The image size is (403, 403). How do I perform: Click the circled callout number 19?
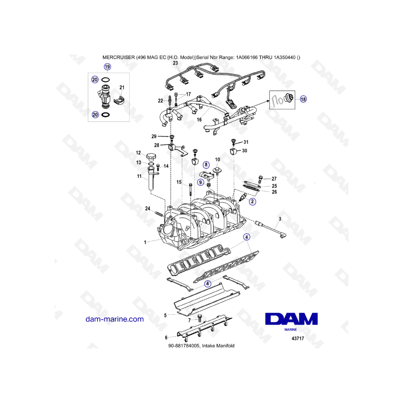pyautogui.click(x=107, y=67)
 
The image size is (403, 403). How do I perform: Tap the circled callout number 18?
pyautogui.click(x=303, y=99)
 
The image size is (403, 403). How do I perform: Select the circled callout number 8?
pyautogui.click(x=206, y=165)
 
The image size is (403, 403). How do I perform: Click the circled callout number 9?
pyautogui.click(x=201, y=183)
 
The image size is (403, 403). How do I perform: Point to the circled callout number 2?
pyautogui.click(x=253, y=201)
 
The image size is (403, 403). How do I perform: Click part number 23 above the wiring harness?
pyautogui.click(x=175, y=63)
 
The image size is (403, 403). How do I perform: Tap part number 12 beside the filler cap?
pyautogui.click(x=138, y=153)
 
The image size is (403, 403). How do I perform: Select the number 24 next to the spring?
pyautogui.click(x=147, y=208)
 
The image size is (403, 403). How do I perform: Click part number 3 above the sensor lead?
pyautogui.click(x=280, y=219)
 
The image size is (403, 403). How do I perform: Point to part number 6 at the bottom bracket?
pyautogui.click(x=166, y=338)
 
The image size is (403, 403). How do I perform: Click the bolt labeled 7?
pyautogui.click(x=200, y=318)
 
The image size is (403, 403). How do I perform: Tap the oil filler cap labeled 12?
pyautogui.click(x=152, y=156)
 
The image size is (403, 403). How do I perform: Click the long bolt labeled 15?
pyautogui.click(x=190, y=190)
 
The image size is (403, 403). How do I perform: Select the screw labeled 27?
pyautogui.click(x=260, y=179)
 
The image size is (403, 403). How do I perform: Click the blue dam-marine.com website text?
pyautogui.click(x=115, y=319)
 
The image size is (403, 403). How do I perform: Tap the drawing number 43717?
pyautogui.click(x=298, y=339)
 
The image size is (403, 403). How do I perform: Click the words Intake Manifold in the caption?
pyautogui.click(x=218, y=346)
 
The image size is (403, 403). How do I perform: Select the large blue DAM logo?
pyautogui.click(x=292, y=319)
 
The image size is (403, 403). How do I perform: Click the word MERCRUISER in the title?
pyautogui.click(x=119, y=57)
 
